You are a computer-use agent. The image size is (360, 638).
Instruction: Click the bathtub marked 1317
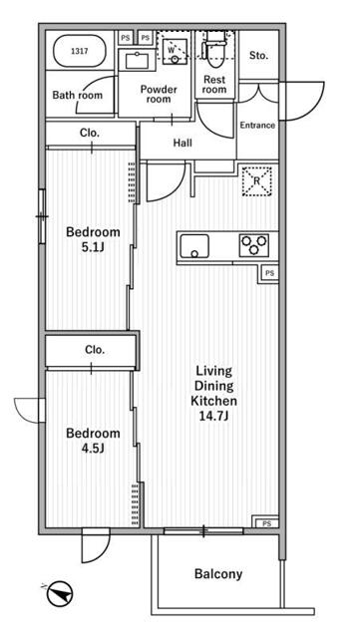(x=80, y=51)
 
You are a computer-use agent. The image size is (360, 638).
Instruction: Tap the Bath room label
(x=78, y=96)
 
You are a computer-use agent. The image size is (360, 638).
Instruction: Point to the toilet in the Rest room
(x=214, y=47)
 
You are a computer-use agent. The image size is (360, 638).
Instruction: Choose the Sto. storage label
(x=258, y=56)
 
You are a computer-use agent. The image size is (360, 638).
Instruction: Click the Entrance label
(x=257, y=126)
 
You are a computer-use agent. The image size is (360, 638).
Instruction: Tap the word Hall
(x=182, y=143)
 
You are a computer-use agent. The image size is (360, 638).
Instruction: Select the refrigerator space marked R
(x=257, y=181)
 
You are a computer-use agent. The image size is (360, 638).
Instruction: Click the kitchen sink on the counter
(x=194, y=246)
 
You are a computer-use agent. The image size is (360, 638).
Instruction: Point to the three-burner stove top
(x=254, y=245)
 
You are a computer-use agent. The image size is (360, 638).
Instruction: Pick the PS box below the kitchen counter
(x=269, y=273)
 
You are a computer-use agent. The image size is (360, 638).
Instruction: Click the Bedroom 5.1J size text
(x=94, y=247)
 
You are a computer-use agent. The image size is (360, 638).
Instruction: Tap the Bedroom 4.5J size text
(x=94, y=448)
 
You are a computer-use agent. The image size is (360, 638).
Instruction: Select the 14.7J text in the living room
(x=214, y=417)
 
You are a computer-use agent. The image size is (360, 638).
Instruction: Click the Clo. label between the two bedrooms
(x=95, y=350)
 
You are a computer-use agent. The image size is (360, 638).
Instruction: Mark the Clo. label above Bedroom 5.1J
(x=90, y=133)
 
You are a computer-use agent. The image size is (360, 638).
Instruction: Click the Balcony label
(x=218, y=574)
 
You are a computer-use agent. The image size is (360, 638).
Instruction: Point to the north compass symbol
(x=59, y=594)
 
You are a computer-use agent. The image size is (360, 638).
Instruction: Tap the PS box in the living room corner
(x=266, y=522)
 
